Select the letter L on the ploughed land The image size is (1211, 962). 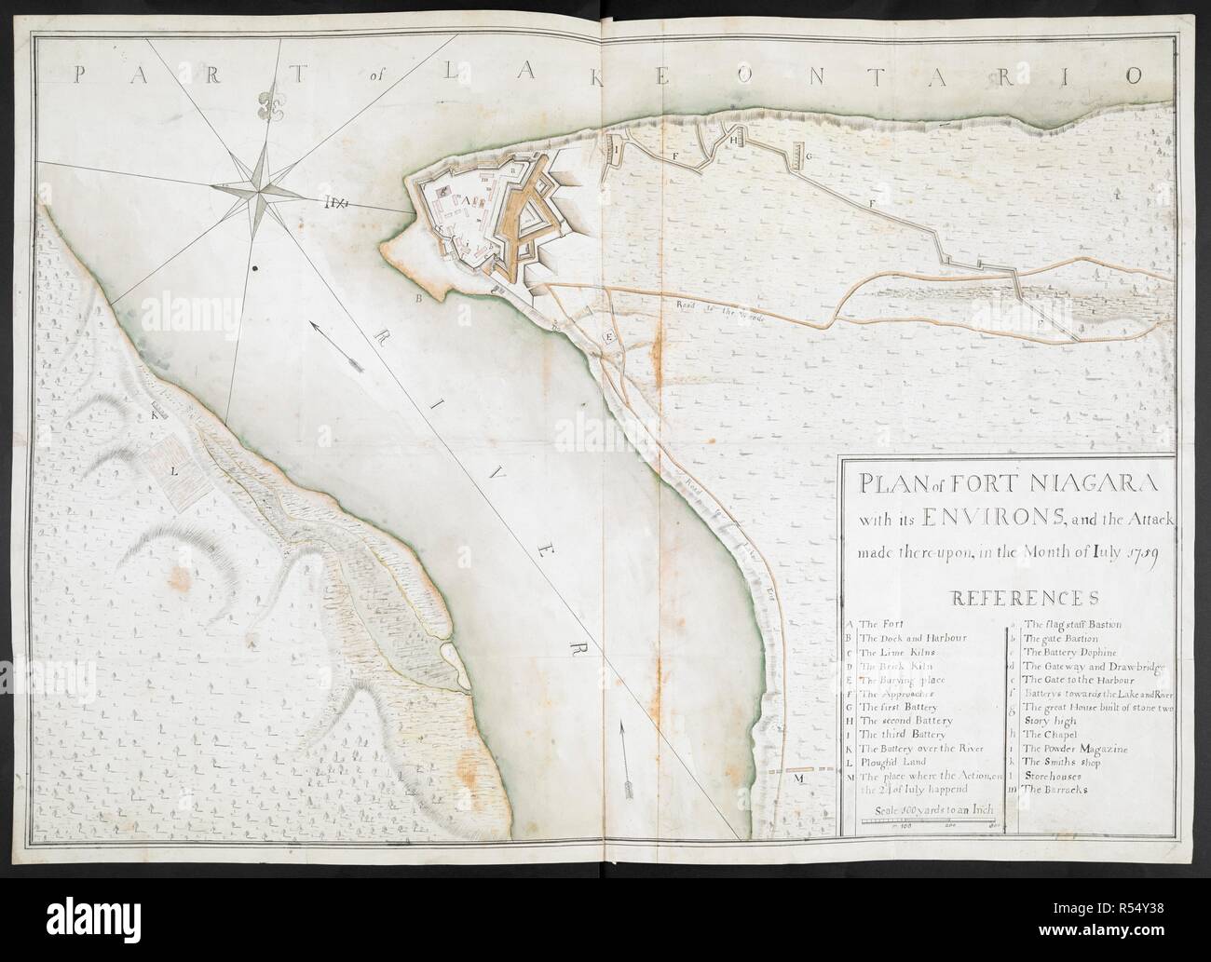coord(173,471)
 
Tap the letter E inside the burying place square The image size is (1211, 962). coord(610,337)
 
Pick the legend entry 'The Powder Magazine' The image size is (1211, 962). coord(1074,748)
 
